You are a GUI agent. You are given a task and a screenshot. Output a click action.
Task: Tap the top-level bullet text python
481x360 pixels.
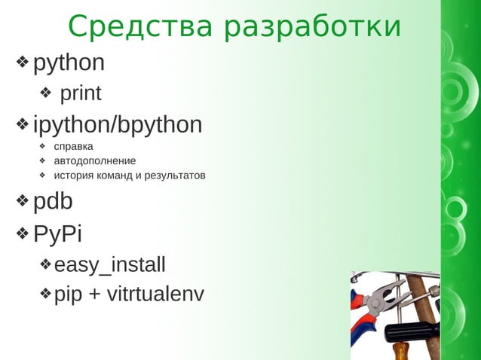coord(69,63)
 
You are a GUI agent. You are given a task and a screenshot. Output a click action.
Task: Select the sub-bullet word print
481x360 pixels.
coord(81,94)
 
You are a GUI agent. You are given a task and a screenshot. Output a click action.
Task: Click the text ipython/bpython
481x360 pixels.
coord(118,124)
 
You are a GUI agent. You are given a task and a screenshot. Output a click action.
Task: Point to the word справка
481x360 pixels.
coord(73,146)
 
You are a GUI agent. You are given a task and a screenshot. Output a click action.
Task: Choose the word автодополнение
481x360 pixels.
coord(94,160)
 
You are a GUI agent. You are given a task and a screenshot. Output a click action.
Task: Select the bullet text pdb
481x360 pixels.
coord(54,202)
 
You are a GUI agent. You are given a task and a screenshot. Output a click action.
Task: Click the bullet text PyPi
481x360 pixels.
coord(57,233)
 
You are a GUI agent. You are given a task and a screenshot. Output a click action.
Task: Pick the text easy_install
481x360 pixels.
coord(109,265)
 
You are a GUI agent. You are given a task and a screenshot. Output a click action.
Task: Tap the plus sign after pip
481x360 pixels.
coord(95,294)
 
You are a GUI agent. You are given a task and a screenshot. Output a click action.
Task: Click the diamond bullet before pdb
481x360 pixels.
coord(23,202)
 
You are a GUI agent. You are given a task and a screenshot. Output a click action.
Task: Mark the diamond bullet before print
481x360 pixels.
coord(45,94)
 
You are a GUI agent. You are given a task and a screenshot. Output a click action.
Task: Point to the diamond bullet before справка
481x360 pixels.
coord(43,146)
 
